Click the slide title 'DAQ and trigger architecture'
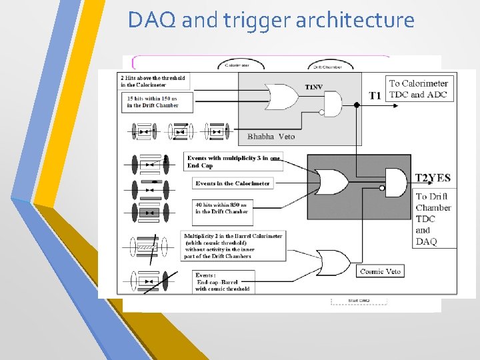pos(271,20)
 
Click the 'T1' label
pos(375,95)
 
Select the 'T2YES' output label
pos(433,178)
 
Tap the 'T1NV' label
pos(313,87)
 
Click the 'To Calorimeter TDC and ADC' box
pos(419,89)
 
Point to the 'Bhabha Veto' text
pos(271,137)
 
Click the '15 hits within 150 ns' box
pos(159,101)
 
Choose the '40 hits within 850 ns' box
pos(221,208)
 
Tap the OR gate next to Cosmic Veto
pos(333,261)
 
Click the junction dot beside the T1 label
pos(356,104)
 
